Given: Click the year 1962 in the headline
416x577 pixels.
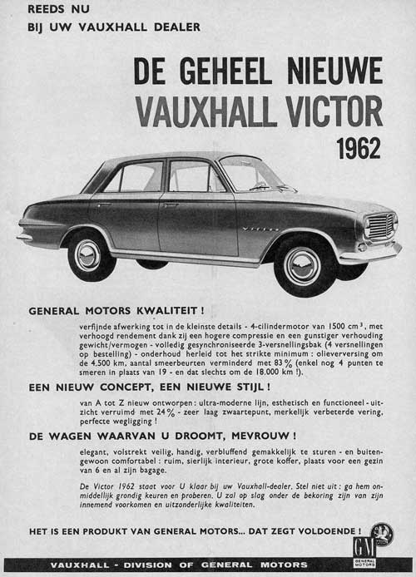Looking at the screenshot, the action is [359, 147].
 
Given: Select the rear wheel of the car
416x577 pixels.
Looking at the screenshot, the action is [87, 254].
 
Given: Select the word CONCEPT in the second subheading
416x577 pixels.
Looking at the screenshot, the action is [121, 388].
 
